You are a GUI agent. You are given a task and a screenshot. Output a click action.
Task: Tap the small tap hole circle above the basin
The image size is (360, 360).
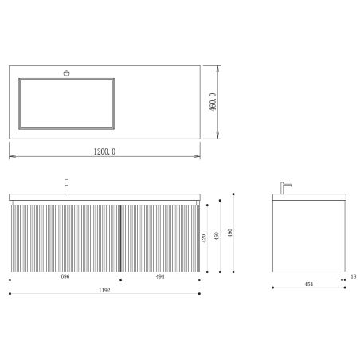[x=67, y=72]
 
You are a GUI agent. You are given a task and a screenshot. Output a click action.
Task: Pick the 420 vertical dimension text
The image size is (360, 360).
[x=205, y=240]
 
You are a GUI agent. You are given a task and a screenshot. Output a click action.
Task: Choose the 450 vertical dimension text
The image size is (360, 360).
[x=218, y=240]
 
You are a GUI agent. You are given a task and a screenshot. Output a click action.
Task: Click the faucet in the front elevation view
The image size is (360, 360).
[x=67, y=187]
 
